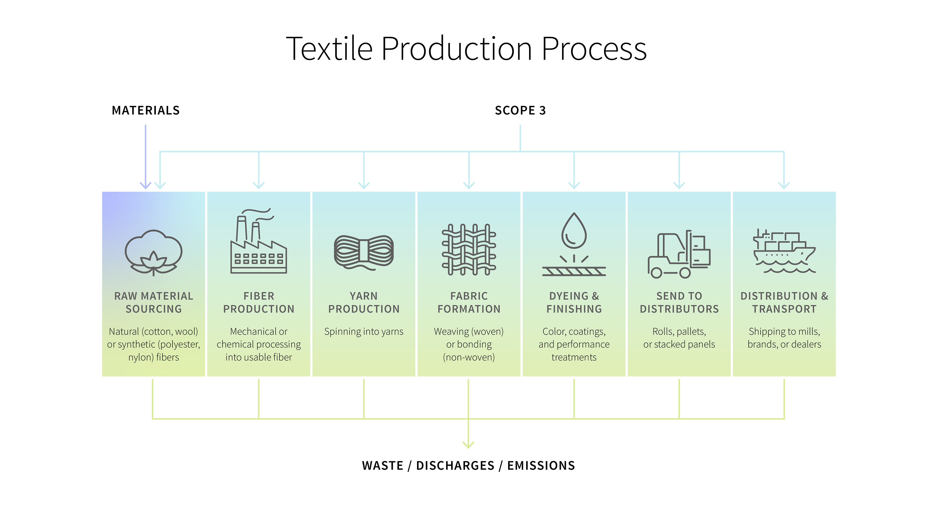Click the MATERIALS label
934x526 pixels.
[x=145, y=110]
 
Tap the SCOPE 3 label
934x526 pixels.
[x=520, y=110]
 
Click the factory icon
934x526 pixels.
[x=259, y=241]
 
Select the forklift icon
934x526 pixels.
[x=679, y=254]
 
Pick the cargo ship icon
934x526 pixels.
[x=784, y=251]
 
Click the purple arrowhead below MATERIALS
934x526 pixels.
[x=145, y=185]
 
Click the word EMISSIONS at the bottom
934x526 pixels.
[x=541, y=466]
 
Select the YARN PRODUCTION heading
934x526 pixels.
[x=364, y=302]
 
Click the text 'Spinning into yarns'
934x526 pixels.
[x=364, y=331]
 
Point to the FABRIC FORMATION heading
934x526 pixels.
[x=468, y=302]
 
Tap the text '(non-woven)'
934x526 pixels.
[x=468, y=357]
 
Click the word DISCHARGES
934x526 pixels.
[x=455, y=466]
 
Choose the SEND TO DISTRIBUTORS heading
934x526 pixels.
[x=679, y=302]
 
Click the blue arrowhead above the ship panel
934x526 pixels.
[x=784, y=185]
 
